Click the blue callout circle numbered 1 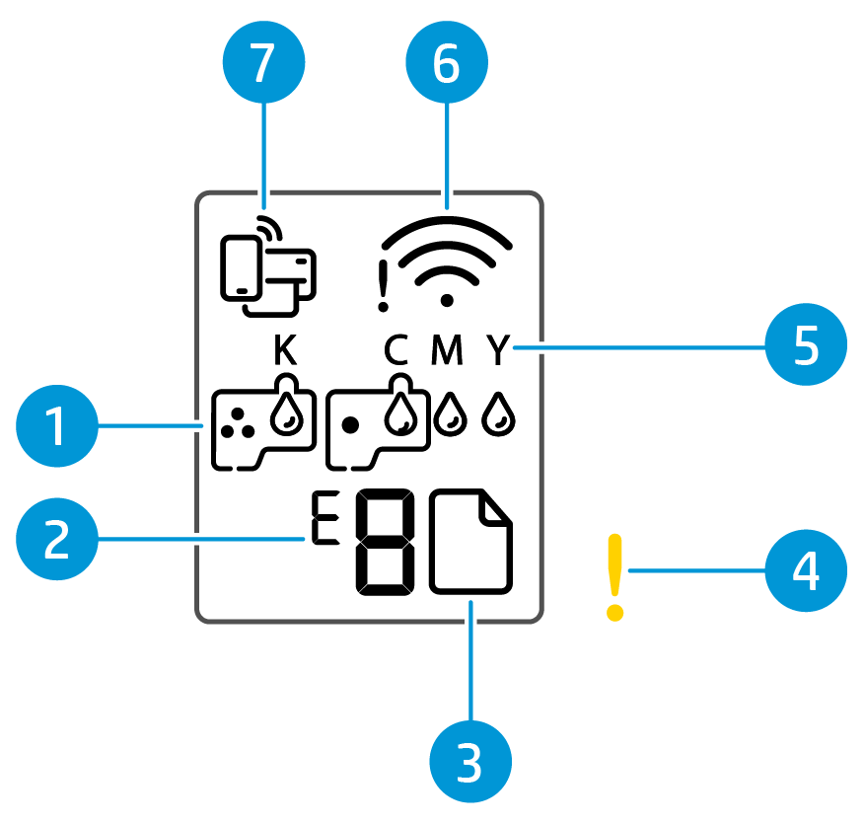point(57,429)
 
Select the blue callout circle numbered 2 point(57,540)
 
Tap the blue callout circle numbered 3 point(470,762)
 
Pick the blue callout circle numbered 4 point(806,569)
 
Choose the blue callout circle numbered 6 point(447,65)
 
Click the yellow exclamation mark point(615,577)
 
